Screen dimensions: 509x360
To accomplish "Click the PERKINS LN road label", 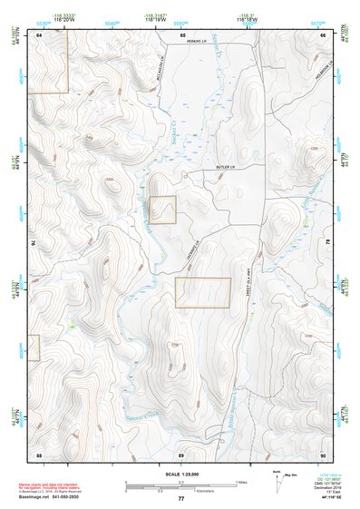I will tap(185, 41).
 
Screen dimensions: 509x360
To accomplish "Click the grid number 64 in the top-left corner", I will tap(40, 34).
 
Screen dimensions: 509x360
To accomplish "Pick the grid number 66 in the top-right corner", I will tap(323, 34).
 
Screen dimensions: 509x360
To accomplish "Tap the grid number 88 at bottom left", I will tap(39, 454).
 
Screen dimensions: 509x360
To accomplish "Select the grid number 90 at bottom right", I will tap(322, 454).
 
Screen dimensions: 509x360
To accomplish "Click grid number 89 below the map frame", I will tap(180, 454).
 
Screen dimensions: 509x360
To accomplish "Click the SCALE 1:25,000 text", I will tap(180, 475).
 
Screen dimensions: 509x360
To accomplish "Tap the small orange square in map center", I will tap(162, 210).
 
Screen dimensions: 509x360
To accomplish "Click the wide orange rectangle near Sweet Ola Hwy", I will tap(203, 292).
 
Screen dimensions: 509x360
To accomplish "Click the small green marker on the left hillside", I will tap(70, 324).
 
